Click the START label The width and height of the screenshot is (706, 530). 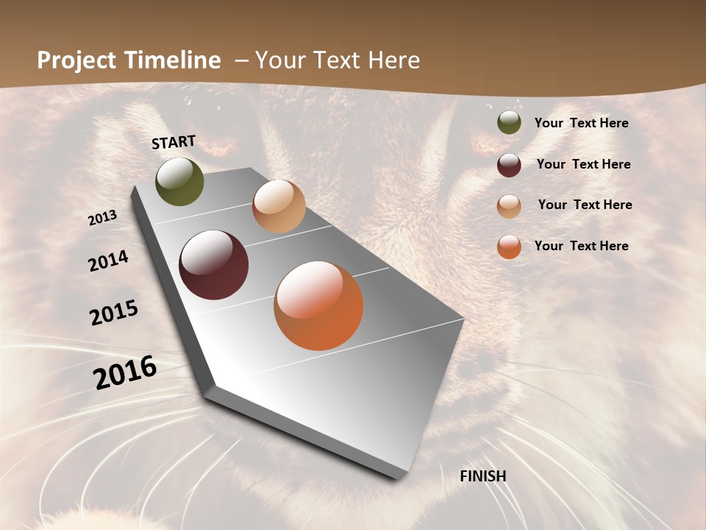tap(174, 142)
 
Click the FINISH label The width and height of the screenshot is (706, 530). tap(483, 476)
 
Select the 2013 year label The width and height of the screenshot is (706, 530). tap(103, 218)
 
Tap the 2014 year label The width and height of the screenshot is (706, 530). tap(109, 261)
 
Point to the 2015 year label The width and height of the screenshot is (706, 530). tap(114, 313)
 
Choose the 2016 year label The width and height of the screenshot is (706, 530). tap(125, 372)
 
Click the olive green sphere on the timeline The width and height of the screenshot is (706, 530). tap(179, 182)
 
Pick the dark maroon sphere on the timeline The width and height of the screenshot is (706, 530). tap(213, 265)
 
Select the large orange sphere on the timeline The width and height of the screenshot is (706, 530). tap(318, 305)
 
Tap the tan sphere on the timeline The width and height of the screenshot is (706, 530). tap(279, 206)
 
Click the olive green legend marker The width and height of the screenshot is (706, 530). tap(509, 123)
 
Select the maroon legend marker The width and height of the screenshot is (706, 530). tap(509, 165)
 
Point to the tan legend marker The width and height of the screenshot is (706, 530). tap(509, 205)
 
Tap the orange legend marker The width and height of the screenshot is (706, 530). tap(509, 247)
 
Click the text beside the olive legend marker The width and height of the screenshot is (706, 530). tap(582, 123)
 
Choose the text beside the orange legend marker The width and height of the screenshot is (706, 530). tap(582, 246)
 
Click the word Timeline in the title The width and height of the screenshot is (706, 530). tap(174, 60)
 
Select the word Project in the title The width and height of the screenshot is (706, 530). tap(76, 60)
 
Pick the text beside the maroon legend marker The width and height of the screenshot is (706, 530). tap(584, 164)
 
